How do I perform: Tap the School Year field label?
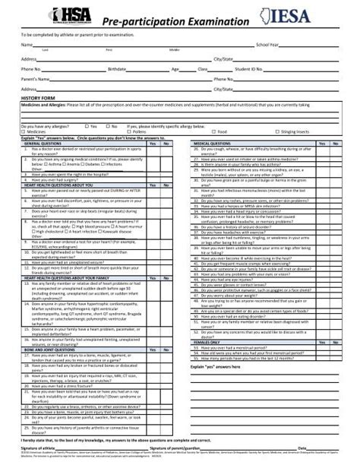(x=268, y=46)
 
